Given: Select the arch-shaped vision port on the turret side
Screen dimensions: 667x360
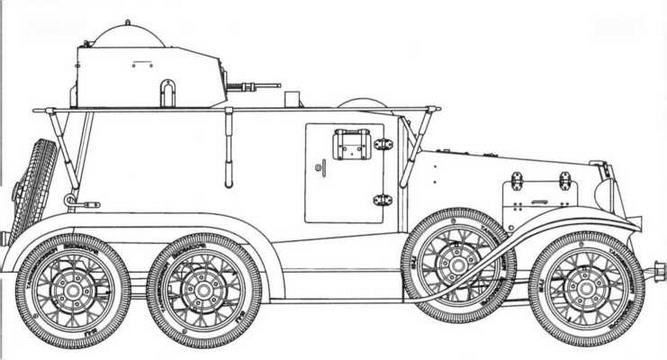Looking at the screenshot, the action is point(168,92).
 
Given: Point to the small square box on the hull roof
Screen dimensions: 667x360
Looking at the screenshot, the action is point(292,99).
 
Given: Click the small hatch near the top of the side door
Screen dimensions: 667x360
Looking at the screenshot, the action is point(351,144).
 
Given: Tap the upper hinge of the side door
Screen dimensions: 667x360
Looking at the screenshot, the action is point(383,144).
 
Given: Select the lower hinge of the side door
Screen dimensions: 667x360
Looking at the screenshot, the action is point(383,200).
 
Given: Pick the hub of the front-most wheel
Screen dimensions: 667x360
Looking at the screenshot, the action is point(586,288).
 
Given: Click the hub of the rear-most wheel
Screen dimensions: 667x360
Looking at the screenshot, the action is point(73,290).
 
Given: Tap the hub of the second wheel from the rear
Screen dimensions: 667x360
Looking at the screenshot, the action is point(205,290).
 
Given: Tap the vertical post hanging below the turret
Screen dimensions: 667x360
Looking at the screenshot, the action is point(229,145).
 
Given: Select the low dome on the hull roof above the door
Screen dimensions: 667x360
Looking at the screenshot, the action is point(362,102).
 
